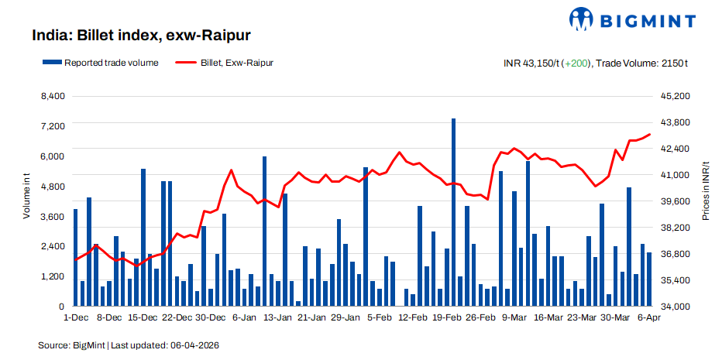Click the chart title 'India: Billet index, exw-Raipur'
tap(140, 35)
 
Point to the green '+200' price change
tap(576, 63)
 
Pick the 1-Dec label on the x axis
tap(76, 317)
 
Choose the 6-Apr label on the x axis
tap(649, 317)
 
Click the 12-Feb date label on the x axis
tap(412, 317)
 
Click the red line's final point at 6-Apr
tap(649, 134)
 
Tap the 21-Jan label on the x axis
tap(311, 317)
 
